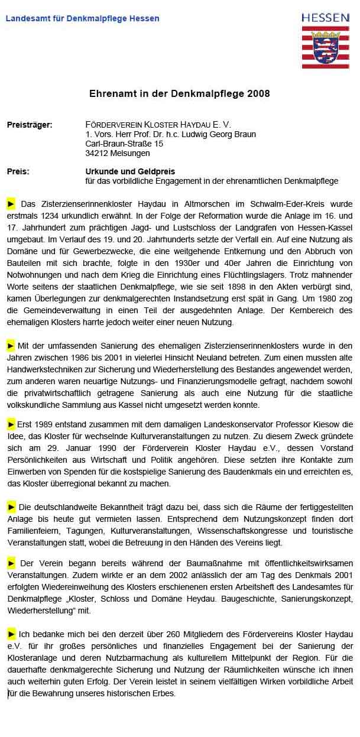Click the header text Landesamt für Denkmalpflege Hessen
(82, 18)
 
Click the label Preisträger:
(30, 125)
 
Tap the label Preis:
(18, 171)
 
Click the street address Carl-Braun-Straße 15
(124, 144)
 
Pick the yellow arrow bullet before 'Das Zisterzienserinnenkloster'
(11, 204)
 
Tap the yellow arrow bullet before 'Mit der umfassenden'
(11, 345)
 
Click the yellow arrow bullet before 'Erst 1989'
(11, 424)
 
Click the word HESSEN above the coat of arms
(325, 18)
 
